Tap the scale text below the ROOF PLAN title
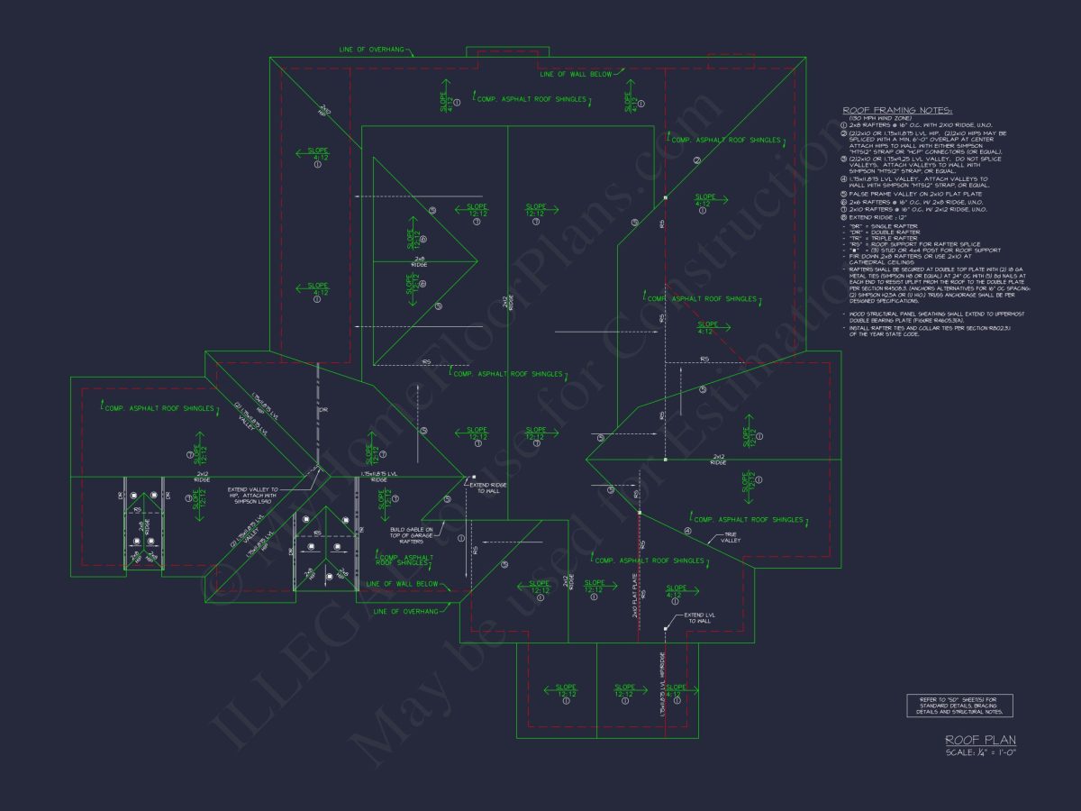[x=981, y=752]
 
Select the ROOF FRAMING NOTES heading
[x=879, y=109]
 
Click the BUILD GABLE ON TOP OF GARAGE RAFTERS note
[x=412, y=535]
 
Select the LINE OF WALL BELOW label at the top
[x=575, y=74]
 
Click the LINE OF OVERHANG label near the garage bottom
[x=405, y=611]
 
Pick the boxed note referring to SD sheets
[x=959, y=706]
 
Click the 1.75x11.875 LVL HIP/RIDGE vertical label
[x=662, y=685]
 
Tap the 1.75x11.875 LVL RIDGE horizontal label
[x=375, y=476]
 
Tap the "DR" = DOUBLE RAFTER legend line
[x=886, y=232]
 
